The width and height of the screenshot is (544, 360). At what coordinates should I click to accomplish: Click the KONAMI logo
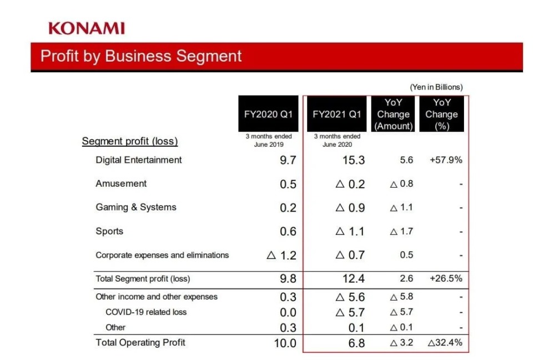coord(86,28)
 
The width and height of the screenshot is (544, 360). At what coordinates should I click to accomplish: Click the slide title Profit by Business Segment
coord(141,56)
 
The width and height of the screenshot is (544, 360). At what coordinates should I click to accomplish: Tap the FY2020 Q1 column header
coord(269,114)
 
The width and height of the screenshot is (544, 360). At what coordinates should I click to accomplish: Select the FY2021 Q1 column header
coord(337,114)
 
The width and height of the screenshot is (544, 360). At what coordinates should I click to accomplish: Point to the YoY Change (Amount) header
coord(393,114)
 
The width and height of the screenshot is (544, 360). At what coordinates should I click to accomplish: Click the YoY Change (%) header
coord(441,114)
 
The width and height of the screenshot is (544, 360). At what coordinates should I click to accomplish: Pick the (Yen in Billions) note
coord(436,87)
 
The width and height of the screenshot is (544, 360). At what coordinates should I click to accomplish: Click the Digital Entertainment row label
coord(139,160)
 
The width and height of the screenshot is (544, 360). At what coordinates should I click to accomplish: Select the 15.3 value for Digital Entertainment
coord(354,161)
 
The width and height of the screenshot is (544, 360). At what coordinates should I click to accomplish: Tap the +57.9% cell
coord(446,160)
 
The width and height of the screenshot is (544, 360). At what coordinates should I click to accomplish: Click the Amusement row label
coord(121,183)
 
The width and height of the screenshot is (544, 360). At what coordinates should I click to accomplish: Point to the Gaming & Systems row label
coord(136,207)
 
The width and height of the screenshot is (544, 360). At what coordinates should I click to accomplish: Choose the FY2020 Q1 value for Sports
coord(288,232)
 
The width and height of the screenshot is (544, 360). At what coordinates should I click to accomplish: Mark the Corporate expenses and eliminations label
coord(162,256)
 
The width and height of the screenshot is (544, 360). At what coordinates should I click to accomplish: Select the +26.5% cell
coord(446,279)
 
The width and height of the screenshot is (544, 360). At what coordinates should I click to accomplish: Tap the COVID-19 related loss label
coord(146,312)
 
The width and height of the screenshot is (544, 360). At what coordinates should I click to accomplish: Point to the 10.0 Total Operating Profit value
coord(285,343)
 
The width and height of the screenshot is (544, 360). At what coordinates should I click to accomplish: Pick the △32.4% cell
coord(445,342)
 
